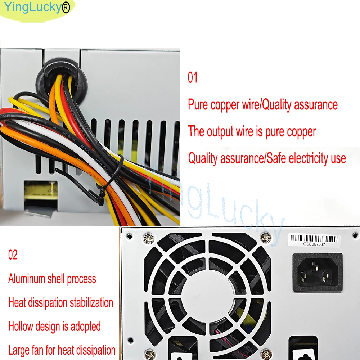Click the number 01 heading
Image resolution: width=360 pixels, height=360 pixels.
pos(193,77)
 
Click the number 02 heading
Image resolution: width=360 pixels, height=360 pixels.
pos(13,255)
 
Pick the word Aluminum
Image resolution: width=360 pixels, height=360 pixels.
pos(27,279)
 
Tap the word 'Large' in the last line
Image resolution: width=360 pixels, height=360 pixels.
pos(20,350)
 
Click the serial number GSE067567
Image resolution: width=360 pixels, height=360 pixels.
pos(315,244)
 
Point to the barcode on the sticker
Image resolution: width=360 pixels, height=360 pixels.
pos(315,238)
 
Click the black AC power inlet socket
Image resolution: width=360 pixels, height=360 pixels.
pos(317,272)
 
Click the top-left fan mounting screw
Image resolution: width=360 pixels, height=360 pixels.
pos(148,237)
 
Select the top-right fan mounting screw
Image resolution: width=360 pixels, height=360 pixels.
pos(266,237)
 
